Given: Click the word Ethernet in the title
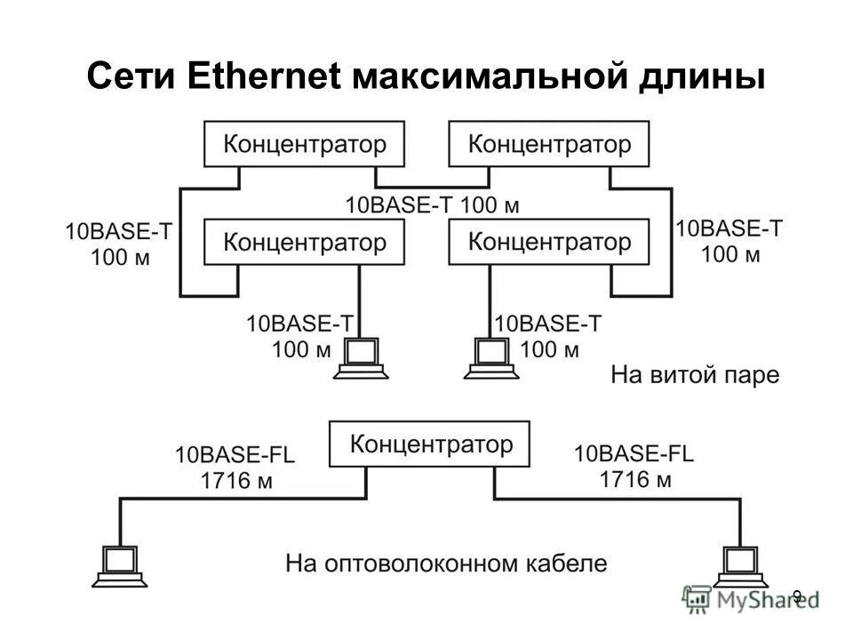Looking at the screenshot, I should (266, 77).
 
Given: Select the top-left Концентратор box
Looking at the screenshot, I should (304, 144).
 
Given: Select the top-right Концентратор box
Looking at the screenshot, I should (548, 144).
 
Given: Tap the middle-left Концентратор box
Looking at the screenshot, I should (304, 241).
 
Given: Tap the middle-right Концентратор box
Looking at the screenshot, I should (548, 241).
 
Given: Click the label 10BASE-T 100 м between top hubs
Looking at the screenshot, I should (432, 204).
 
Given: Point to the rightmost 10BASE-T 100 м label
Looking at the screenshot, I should (729, 241).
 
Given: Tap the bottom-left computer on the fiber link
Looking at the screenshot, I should (118, 565).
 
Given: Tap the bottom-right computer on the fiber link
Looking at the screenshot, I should (739, 565).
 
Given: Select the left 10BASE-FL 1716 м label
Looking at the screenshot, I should (235, 468).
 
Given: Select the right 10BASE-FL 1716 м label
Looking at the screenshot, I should (634, 468).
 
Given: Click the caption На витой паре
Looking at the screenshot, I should (694, 375).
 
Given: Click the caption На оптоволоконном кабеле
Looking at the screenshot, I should (446, 564).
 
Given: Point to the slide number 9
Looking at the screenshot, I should (797, 596).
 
